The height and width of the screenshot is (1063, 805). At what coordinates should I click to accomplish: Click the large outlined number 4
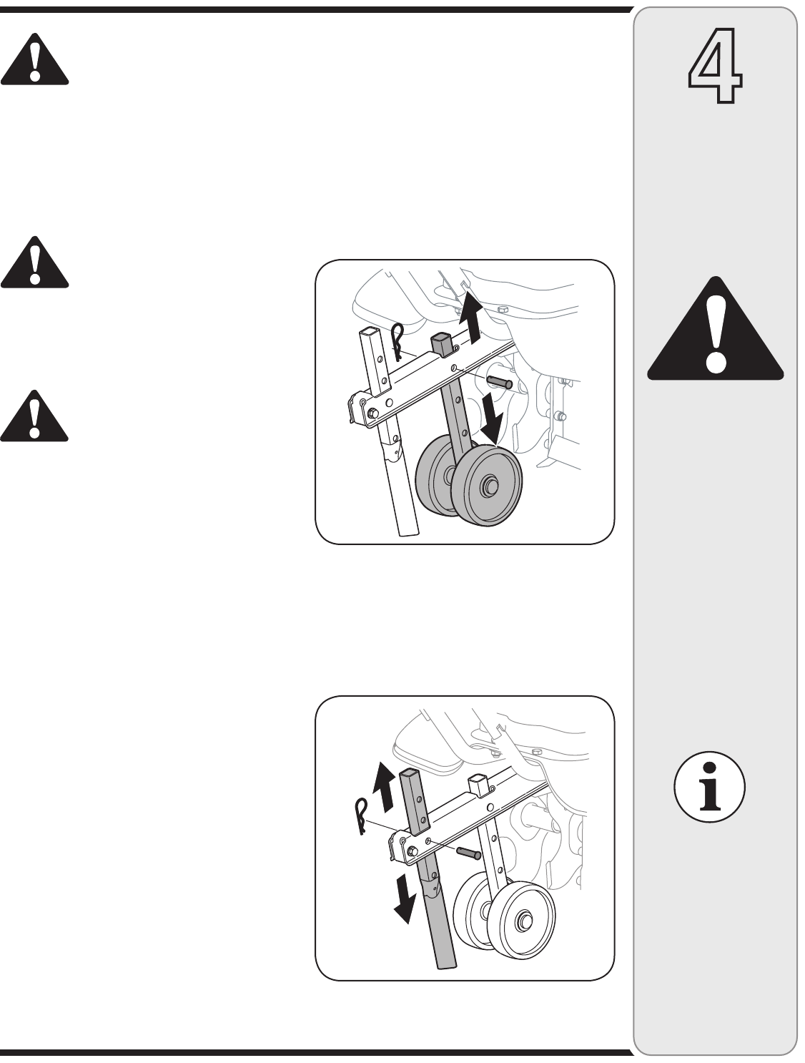tap(715, 65)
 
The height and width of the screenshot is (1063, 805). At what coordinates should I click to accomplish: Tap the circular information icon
tap(709, 786)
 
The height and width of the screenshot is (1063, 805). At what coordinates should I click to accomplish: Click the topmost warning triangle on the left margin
tap(34, 59)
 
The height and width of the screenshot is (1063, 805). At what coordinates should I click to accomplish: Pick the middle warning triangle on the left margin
tap(34, 263)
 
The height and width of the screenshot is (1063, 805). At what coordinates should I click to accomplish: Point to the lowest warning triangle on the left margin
tap(34, 416)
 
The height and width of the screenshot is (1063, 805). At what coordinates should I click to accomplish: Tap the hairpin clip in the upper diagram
tap(397, 342)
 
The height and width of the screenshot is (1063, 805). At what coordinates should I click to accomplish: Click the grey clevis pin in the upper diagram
tap(499, 381)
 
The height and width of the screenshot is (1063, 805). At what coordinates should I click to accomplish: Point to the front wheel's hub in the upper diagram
tap(490, 485)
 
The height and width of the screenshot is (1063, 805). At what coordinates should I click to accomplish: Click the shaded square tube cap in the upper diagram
tap(442, 342)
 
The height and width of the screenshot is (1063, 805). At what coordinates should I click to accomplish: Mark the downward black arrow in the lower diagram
tap(404, 901)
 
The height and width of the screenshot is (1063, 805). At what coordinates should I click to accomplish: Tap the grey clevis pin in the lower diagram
tap(469, 853)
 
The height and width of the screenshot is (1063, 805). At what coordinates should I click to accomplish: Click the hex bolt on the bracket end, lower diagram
tap(413, 852)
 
